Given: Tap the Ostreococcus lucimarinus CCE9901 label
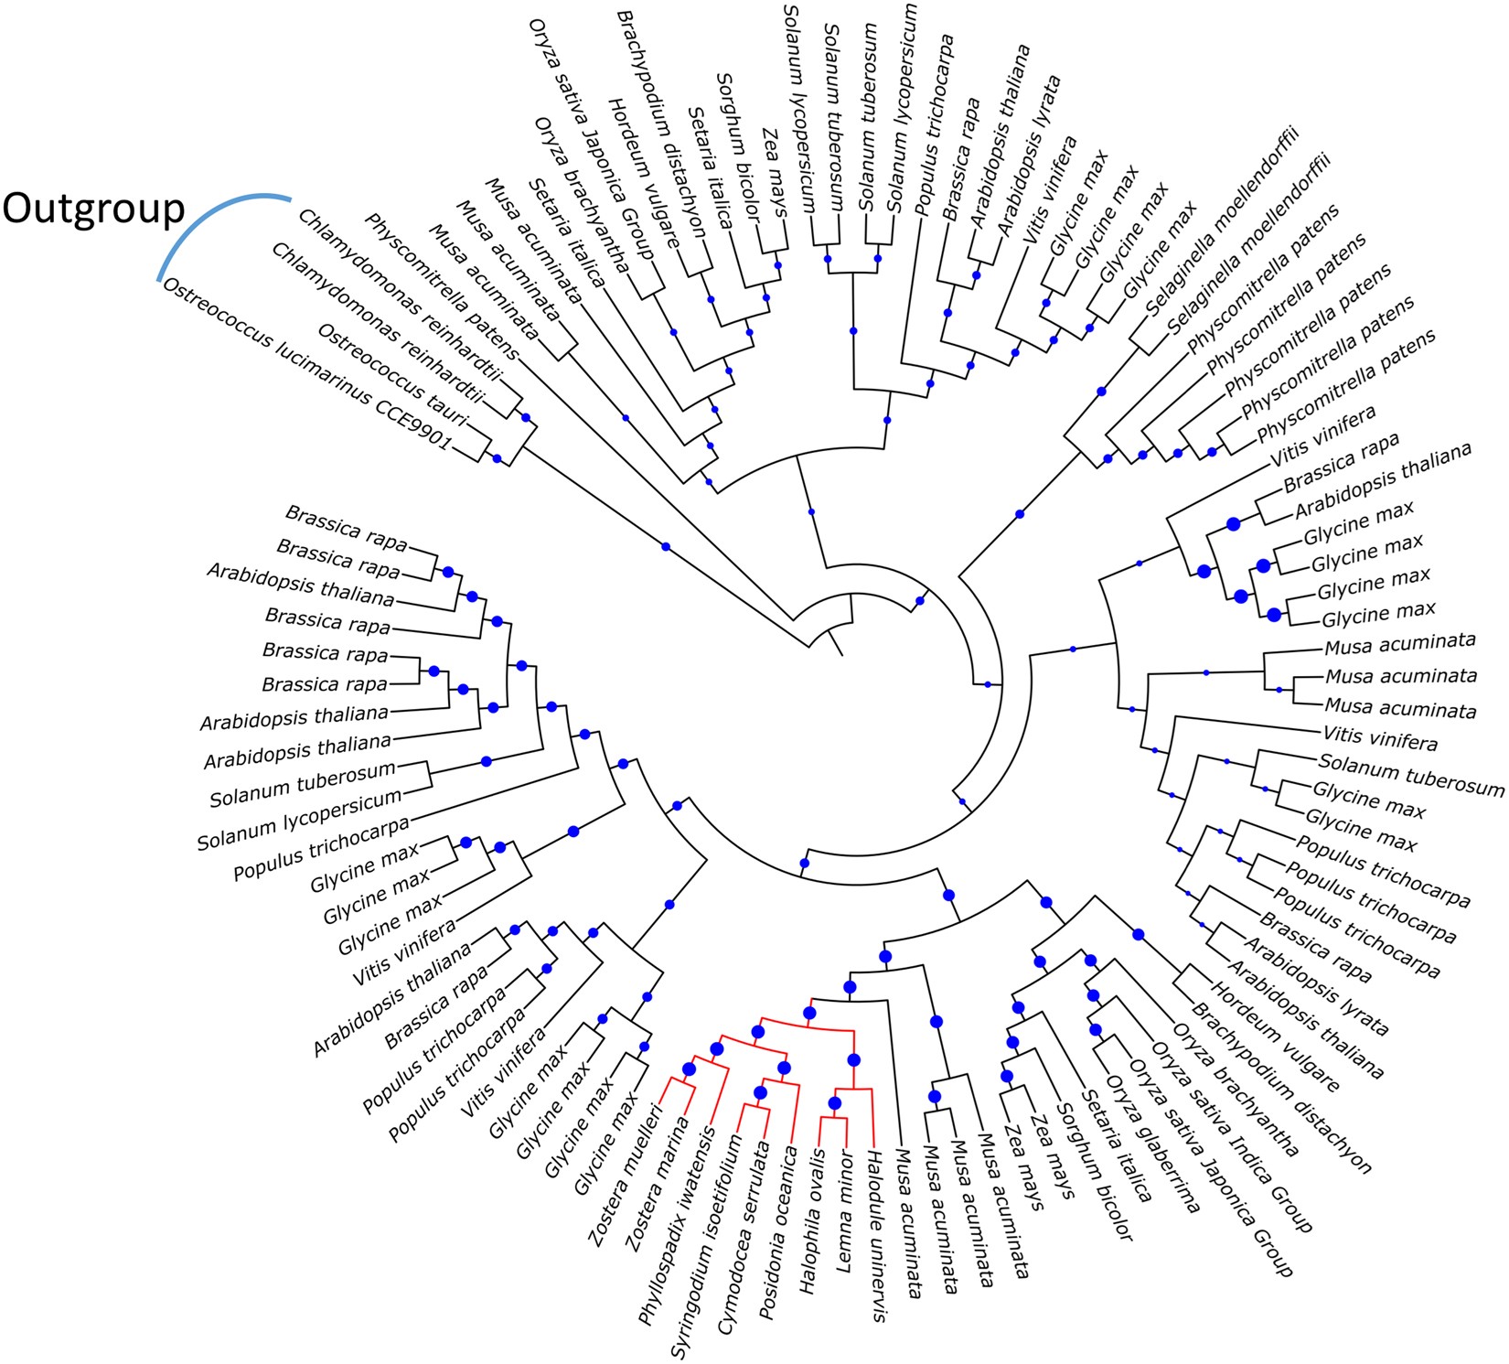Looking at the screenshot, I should (306, 365).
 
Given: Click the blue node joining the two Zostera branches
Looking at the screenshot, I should (690, 1068).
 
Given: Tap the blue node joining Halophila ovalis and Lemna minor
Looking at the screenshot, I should (834, 1103).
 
